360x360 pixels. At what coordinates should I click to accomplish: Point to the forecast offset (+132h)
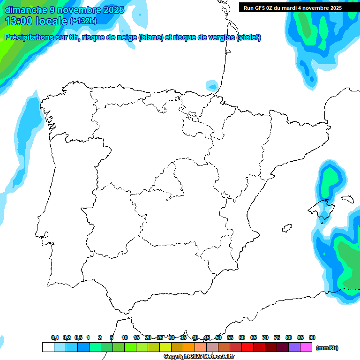coord(83,21)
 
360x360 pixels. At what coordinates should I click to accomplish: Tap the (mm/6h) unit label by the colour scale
coord(327,348)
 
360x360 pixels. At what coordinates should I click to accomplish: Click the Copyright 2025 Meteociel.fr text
coord(199,357)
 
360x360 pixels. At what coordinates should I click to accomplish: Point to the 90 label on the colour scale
coord(312,337)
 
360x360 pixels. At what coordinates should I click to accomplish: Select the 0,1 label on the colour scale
coord(55,337)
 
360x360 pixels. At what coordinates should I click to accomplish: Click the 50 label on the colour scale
coord(218,337)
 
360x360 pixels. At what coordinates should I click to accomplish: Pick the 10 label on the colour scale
coord(125,337)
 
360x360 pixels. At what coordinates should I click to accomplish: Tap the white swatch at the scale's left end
coord(48,347)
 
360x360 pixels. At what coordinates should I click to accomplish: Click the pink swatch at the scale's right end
coord(306,347)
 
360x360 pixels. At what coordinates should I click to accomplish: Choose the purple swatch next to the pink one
coord(294,347)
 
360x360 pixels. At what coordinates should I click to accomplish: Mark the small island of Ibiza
coord(285,229)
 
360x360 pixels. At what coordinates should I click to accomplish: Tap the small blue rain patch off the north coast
coord(212,86)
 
